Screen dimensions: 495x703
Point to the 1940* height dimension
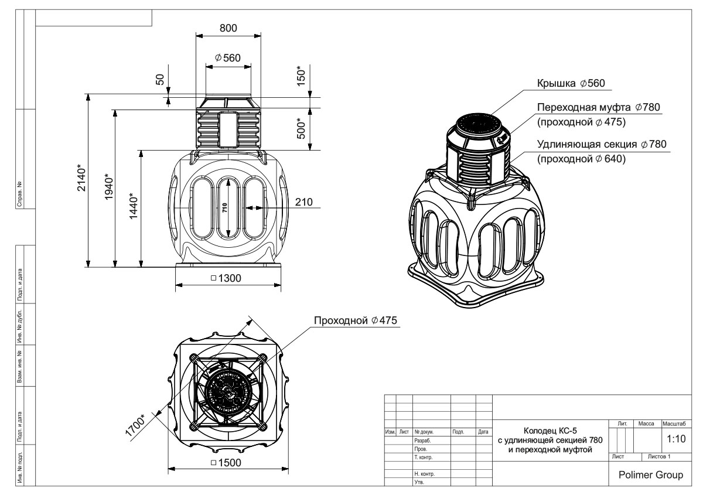pos(109,187)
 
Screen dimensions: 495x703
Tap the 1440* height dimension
pos(135,207)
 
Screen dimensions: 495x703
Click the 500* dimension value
pos(302,129)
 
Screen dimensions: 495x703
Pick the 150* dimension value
pos(302,76)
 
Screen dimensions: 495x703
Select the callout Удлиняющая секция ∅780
pos(602,144)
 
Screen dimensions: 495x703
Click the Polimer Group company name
pos(651,475)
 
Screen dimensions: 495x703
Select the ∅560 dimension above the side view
pos(228,57)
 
